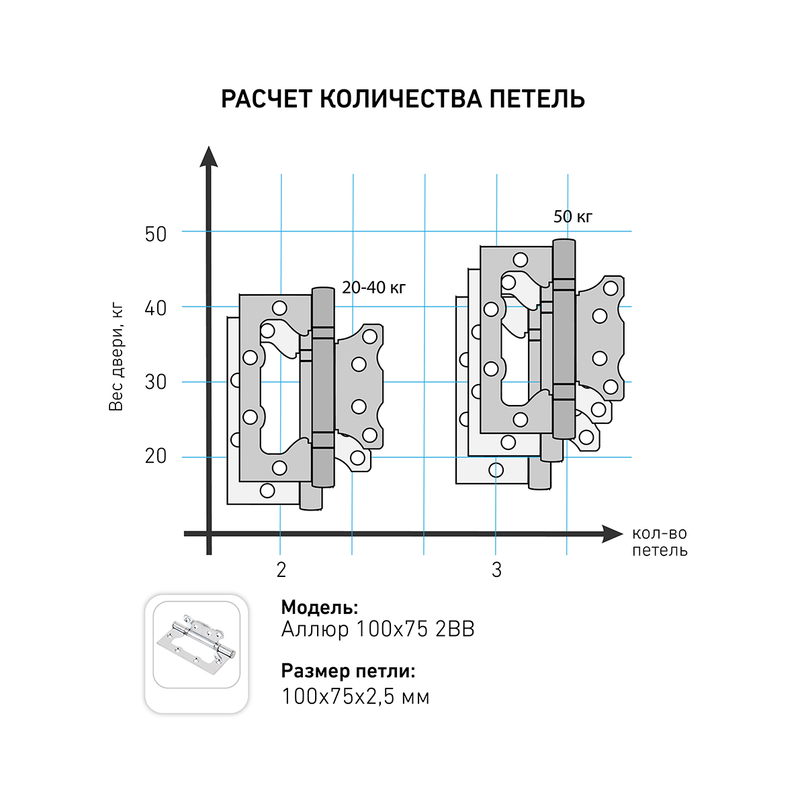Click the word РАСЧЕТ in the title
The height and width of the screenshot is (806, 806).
267,99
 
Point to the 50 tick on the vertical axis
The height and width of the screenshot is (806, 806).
156,234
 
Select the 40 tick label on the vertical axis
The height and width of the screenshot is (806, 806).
156,308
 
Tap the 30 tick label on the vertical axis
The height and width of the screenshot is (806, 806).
156,382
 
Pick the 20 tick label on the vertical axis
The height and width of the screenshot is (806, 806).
156,456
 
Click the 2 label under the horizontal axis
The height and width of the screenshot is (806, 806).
281,570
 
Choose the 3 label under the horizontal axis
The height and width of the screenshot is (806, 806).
496,570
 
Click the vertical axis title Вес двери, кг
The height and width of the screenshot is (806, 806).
116,357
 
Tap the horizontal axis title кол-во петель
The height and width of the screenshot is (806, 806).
660,541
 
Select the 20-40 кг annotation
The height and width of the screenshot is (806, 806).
374,287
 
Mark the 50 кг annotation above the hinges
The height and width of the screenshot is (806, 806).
573,217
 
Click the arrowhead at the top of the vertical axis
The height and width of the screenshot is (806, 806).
209,156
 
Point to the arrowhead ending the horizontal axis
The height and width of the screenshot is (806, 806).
613,534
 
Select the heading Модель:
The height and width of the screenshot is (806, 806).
320,607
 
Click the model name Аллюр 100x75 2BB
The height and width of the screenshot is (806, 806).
377,629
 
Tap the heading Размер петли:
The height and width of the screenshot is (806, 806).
348,671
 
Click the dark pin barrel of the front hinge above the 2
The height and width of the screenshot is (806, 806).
323,388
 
